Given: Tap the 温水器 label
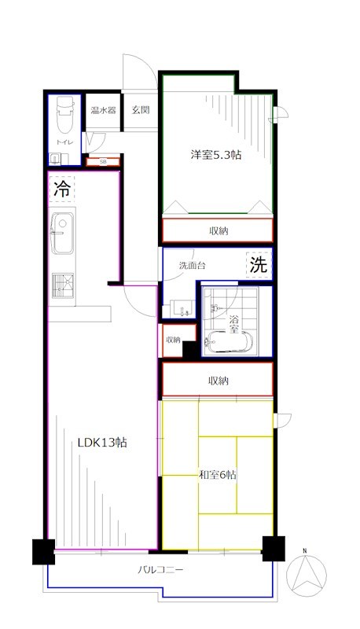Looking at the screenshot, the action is click(104, 109).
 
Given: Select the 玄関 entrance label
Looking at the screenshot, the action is click(141, 109).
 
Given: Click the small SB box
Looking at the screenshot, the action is click(104, 162).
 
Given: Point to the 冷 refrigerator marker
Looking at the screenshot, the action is click(62, 188).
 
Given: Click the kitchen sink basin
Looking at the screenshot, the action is click(62, 233).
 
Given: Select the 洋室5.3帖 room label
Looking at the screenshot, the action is click(215, 155).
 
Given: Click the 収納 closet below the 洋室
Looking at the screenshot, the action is click(218, 230).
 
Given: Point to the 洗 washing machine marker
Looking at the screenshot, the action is click(258, 265).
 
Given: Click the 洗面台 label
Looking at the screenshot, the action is click(192, 265).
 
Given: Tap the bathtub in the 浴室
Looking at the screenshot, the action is click(229, 343).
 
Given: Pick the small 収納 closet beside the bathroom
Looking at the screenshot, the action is click(174, 340).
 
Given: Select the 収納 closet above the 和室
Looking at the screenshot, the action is click(218, 380).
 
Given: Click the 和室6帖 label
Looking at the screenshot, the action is click(217, 476).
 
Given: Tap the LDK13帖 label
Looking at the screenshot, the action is click(102, 443).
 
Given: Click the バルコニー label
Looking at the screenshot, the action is click(160, 569).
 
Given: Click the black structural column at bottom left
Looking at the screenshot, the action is click(44, 552).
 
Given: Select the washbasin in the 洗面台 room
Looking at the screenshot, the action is click(182, 308).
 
